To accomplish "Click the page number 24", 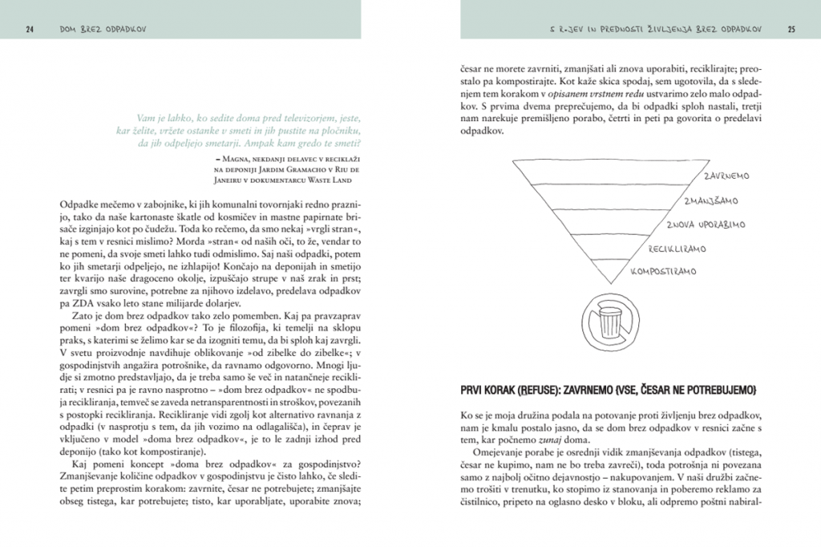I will coord(29,30).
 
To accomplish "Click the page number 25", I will coord(791,30).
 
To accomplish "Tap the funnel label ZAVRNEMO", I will coord(726,175).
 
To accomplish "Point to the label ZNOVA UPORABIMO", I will coord(706,225).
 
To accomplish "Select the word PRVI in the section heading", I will coord(476,390).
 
